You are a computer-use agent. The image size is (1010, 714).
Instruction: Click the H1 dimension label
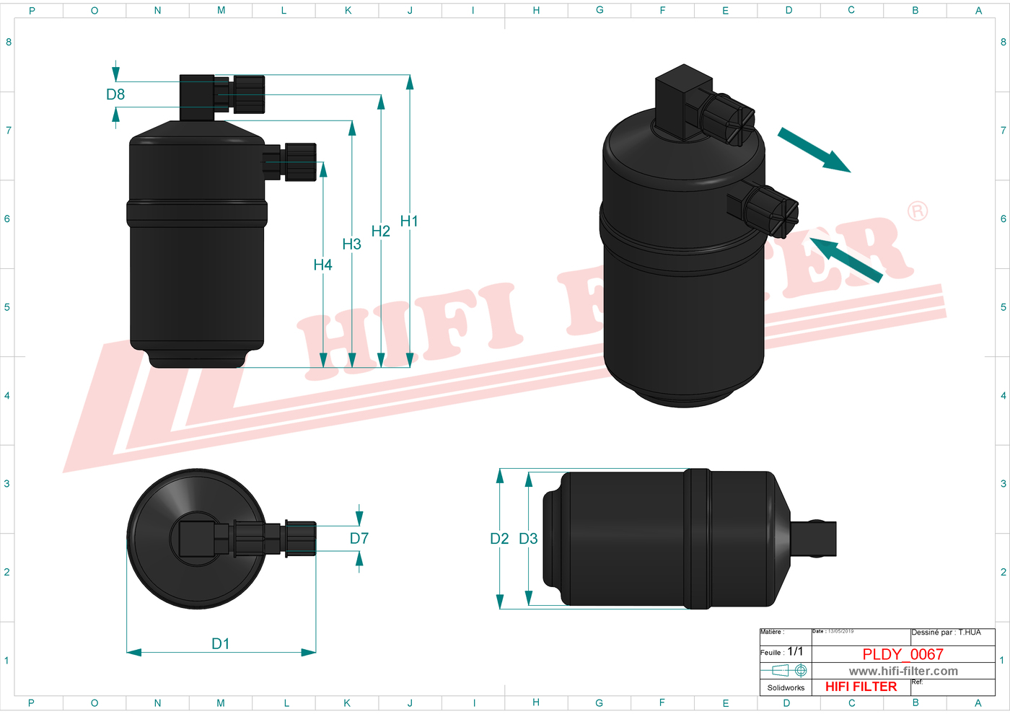pos(409,221)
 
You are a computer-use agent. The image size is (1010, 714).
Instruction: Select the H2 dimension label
pos(380,231)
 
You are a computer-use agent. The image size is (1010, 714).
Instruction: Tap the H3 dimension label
pos(351,244)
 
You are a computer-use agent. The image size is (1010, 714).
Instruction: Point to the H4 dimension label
pos(322,265)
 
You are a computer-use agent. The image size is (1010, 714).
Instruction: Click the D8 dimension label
pos(115,94)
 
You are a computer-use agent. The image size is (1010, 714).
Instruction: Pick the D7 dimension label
pos(359,539)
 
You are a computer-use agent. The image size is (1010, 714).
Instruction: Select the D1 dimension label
pos(220,644)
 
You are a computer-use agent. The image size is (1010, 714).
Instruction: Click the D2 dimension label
pos(499,539)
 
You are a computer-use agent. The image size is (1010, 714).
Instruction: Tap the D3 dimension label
pos(528,539)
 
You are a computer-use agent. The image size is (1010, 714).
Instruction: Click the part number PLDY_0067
pos(903,654)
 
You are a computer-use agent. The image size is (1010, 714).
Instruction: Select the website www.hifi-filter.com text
pos(903,671)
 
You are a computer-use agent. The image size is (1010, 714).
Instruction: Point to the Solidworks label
pos(786,688)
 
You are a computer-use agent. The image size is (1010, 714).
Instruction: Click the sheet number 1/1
pos(795,651)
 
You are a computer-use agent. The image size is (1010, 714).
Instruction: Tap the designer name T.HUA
pos(969,633)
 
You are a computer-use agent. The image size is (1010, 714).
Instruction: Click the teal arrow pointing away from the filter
pos(814,150)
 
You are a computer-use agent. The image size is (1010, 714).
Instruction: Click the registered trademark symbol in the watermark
pos(917,211)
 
